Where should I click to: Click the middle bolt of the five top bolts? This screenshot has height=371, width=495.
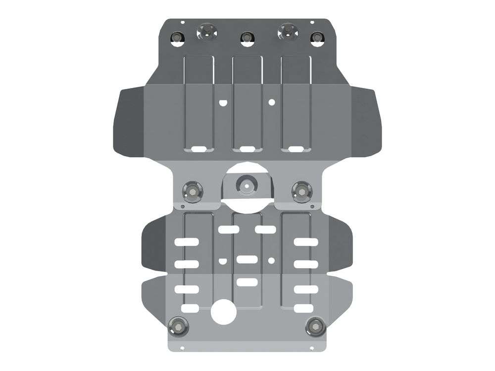246,38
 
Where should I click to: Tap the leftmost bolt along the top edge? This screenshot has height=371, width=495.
177,38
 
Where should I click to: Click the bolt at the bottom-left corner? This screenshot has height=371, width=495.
177,325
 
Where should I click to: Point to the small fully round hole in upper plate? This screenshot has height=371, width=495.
271,102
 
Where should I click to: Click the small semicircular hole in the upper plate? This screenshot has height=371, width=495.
222,102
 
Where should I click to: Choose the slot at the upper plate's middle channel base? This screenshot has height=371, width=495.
246,148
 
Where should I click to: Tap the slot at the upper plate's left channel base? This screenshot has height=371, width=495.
197,148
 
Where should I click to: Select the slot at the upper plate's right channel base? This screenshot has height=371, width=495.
296,148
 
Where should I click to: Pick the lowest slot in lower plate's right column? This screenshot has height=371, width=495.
303,308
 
